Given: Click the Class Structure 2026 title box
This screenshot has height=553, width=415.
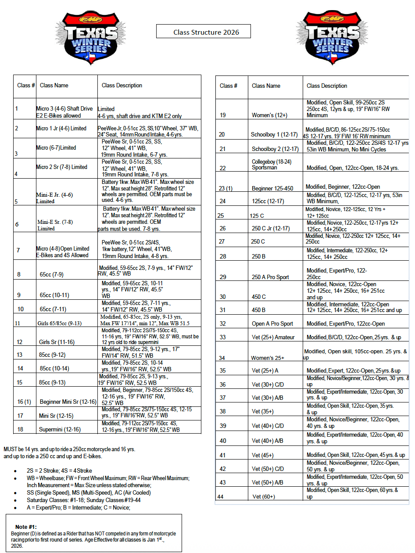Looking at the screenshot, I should [204, 32].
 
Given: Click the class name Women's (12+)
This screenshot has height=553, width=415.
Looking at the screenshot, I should [269, 115].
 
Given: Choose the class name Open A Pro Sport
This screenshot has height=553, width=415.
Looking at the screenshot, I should [272, 324].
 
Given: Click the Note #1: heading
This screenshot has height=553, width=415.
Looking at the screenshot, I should [26, 527].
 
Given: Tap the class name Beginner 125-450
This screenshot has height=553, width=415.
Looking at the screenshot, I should [272, 188].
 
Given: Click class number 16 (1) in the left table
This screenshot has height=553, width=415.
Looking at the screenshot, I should [24, 402].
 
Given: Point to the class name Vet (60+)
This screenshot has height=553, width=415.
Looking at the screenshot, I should [264, 496].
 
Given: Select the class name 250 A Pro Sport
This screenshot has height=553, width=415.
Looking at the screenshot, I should [270, 277].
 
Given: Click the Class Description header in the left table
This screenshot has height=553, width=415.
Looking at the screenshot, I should [122, 86].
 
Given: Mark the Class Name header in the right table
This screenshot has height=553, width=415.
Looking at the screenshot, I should [266, 86].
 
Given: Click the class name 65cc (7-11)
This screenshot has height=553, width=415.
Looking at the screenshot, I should [53, 309].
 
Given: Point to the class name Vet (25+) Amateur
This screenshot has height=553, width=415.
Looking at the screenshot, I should [273, 338].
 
